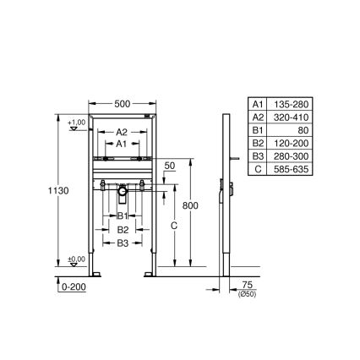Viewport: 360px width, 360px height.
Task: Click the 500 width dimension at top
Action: coord(123,102)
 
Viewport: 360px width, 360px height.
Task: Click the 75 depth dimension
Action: coord(248,286)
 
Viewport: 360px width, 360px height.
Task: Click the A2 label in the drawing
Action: coord(122,132)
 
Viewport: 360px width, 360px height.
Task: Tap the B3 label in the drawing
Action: coord(123,243)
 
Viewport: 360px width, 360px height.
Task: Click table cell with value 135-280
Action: coord(293,103)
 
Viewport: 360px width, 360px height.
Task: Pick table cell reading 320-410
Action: coord(293,114)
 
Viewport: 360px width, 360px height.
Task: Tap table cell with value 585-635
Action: coord(293,169)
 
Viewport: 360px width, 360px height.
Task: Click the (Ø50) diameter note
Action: coord(248,294)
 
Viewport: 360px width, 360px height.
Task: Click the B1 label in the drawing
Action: coord(123,216)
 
